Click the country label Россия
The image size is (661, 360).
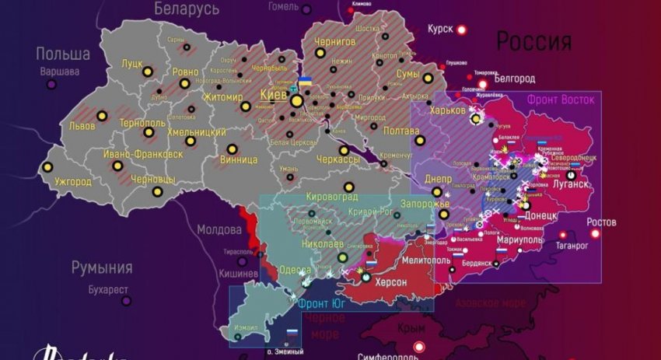click(533, 40)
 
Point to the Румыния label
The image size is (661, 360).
click(102, 267)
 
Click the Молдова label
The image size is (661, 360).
click(219, 229)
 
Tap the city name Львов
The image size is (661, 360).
click(82, 126)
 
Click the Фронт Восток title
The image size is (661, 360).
click(560, 100)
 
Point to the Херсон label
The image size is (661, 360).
click(391, 282)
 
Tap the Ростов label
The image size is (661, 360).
click(603, 222)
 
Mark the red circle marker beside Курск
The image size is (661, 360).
click(461, 30)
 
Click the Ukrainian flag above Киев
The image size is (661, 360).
click(306, 82)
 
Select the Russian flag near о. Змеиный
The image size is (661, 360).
click(292, 333)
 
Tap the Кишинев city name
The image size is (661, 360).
click(238, 274)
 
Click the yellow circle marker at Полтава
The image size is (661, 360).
click(420, 140)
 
